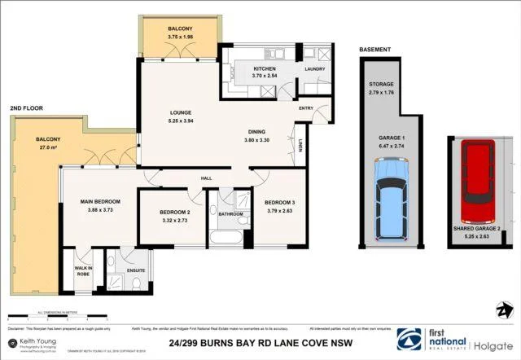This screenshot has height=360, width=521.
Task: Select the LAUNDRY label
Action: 315,69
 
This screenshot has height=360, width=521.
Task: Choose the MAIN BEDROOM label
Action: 100,201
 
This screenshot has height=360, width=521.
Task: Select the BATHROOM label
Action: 231,213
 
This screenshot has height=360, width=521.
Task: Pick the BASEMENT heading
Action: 375,50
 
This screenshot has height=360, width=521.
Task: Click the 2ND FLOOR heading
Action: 26,108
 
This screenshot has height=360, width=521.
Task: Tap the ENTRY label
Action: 306,108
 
